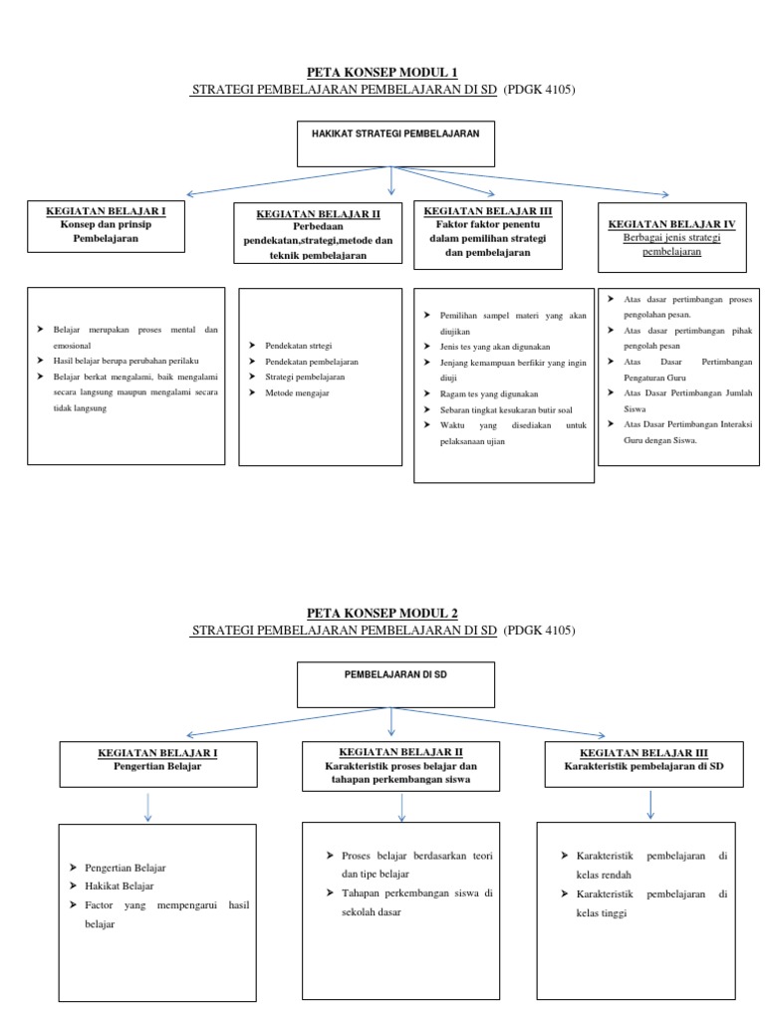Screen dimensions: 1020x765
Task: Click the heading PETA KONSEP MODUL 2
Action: [x=382, y=612]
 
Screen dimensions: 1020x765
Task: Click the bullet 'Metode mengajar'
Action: [x=297, y=394]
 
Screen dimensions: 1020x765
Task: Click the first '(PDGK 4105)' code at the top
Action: [x=541, y=89]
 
